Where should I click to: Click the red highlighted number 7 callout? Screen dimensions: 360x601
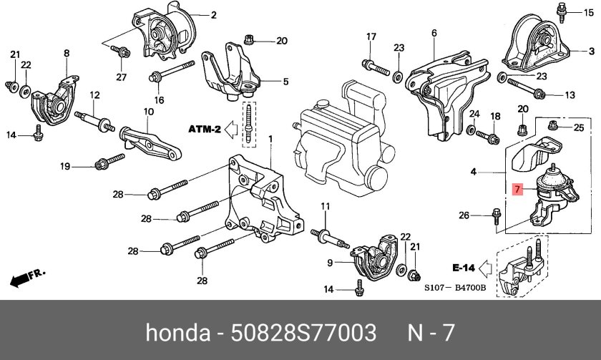point(518,190)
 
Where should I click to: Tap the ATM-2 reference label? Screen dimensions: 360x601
point(204,130)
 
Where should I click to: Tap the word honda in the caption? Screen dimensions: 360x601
point(176,333)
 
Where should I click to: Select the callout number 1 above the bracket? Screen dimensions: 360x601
point(270,137)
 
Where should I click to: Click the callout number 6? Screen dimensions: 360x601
point(434,33)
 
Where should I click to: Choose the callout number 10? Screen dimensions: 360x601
point(149,112)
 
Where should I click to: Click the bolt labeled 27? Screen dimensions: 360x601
point(121,51)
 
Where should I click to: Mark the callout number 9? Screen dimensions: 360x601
point(331,263)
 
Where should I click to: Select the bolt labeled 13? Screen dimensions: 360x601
point(529,91)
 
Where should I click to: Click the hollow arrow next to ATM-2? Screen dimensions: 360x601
point(231,130)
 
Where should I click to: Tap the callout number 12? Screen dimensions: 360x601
point(94,95)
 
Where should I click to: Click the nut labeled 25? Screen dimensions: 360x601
point(553,127)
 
